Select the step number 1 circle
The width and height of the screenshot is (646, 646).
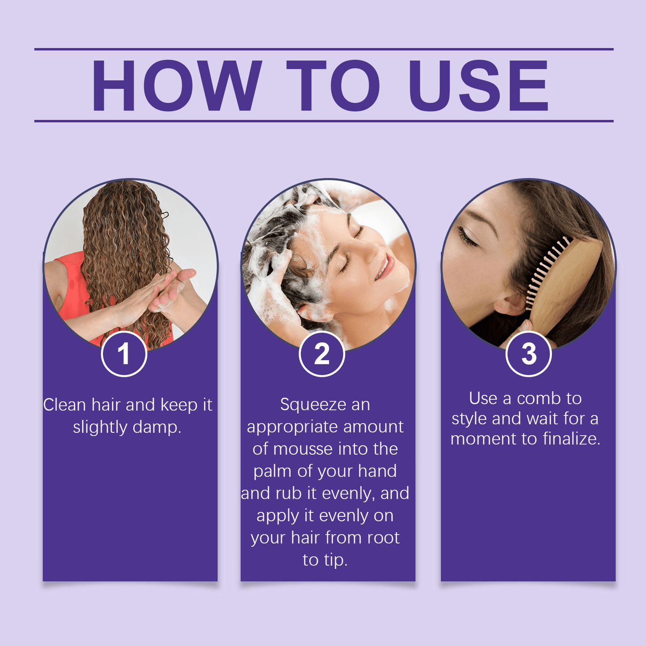coord(124,354)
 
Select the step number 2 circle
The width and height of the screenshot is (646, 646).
coord(321,354)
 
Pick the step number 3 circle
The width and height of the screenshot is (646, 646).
coord(528,354)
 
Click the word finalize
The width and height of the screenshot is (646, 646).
coord(571,439)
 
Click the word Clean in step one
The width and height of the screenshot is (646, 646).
coord(64,405)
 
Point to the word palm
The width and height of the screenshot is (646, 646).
coord(272,471)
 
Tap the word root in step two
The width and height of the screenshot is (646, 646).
coord(383,538)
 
